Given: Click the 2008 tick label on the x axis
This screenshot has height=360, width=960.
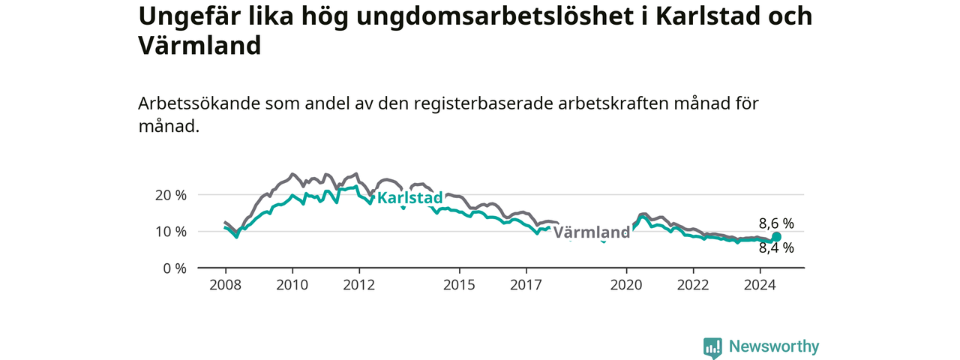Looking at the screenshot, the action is point(226,285).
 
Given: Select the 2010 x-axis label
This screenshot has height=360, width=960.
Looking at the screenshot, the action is point(292,285).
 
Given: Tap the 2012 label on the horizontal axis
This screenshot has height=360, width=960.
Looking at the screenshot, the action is point(359,285).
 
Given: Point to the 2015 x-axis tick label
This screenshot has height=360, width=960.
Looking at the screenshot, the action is point(460,285).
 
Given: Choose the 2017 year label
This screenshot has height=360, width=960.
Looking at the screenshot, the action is point(526,285).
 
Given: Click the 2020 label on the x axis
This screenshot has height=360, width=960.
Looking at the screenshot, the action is point(626,285).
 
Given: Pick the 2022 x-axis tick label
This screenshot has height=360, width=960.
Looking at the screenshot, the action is point(694,285).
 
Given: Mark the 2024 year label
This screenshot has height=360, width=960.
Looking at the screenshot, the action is point(760,285).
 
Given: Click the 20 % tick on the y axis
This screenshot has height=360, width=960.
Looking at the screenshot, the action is point(171,196).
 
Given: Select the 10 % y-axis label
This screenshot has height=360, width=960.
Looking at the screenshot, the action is point(171,232).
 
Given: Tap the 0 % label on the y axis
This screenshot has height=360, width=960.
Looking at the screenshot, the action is point(175,268).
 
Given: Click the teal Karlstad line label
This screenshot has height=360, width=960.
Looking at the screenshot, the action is point(409,197).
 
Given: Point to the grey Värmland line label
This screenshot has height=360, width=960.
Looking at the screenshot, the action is point(592,232).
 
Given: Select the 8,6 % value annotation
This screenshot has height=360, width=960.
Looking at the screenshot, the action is point(776,223).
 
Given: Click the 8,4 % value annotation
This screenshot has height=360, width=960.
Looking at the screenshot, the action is point(776,247).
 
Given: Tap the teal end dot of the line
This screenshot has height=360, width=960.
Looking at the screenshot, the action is point(776,237).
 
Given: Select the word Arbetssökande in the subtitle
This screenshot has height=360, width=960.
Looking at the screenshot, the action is point(199,103).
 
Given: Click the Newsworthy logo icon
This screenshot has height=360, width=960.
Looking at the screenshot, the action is point(712,347).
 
